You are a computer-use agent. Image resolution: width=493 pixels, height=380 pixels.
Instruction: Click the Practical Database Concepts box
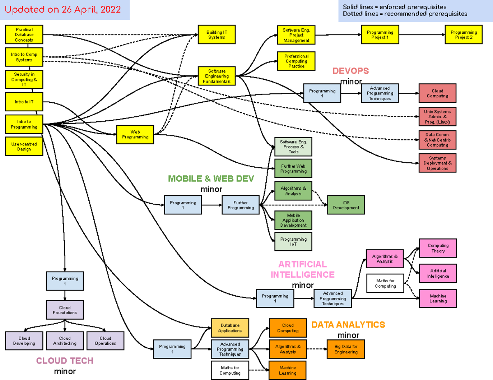pos(24,35)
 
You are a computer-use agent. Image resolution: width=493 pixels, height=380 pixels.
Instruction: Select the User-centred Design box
pos(24,147)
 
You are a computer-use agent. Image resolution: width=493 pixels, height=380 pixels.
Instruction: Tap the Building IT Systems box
pos(217,35)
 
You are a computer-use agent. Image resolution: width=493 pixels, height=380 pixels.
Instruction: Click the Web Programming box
pos(135,134)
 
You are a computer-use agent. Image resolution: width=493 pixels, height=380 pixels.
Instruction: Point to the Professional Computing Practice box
pos(296,61)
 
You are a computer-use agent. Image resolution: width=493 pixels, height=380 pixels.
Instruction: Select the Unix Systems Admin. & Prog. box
pos(437,117)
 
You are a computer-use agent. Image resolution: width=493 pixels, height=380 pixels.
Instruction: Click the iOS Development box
pos(346,205)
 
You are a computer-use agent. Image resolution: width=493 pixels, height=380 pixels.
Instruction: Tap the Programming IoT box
pos(293,242)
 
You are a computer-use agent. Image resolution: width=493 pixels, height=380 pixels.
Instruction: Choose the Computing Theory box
pos(438,248)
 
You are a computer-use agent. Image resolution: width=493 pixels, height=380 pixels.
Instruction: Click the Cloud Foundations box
pos(65,310)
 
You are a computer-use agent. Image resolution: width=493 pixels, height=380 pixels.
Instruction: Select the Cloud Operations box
pos(105,341)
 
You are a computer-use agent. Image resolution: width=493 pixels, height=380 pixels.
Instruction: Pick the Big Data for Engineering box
pos(346,349)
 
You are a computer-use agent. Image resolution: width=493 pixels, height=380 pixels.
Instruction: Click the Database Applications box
pos(230,328)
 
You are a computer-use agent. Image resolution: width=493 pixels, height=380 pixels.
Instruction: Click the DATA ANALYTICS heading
pos(348,325)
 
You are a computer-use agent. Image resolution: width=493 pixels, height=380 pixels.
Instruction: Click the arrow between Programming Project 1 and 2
pos(422,35)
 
